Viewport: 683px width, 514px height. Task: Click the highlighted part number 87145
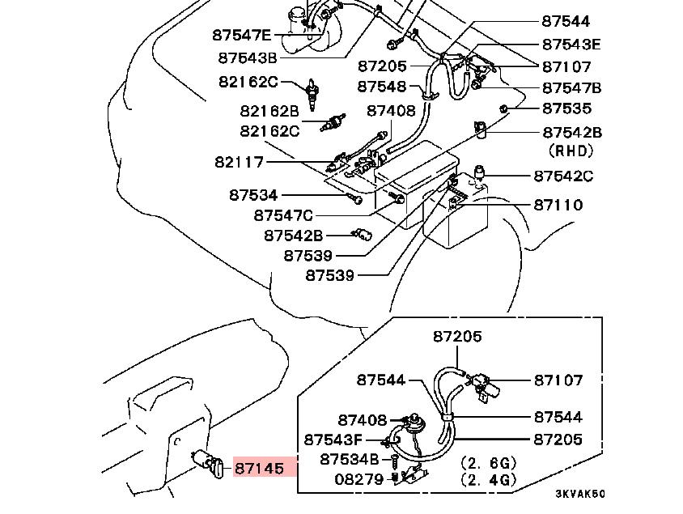tap(259, 468)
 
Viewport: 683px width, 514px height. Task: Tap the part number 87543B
tap(248, 57)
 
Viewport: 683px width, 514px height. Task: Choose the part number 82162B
tap(269, 110)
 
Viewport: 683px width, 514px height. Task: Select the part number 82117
tap(240, 162)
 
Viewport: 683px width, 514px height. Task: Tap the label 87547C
tap(283, 215)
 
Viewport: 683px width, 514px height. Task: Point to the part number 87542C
tap(562, 176)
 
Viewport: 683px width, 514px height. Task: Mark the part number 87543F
tap(333, 440)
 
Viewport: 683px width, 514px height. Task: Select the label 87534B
tap(349, 459)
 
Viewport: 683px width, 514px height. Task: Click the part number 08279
tap(359, 478)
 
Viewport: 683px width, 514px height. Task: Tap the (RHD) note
tap(571, 151)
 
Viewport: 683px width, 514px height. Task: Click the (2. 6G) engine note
tap(488, 463)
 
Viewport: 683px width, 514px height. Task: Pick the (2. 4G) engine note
tap(488, 480)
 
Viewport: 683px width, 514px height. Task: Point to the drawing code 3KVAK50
tap(579, 493)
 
